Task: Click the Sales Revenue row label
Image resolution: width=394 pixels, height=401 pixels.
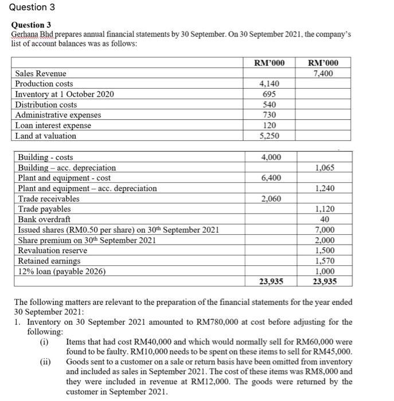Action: point(40,73)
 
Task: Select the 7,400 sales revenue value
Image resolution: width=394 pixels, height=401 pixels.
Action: point(323,73)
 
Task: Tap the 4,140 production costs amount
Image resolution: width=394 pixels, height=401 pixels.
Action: point(268,84)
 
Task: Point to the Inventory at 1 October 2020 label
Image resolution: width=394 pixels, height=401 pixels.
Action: point(64,94)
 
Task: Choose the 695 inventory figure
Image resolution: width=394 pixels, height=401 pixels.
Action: point(268,94)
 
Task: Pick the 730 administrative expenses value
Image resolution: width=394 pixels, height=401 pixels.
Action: point(268,115)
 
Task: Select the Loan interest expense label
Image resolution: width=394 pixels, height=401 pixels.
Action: point(53,125)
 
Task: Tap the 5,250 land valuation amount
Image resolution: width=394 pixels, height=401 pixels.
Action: point(268,136)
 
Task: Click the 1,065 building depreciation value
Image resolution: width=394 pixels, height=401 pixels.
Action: point(325,168)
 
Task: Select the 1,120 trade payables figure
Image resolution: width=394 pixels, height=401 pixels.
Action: point(325,209)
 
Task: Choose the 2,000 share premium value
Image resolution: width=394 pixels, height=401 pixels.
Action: point(325,240)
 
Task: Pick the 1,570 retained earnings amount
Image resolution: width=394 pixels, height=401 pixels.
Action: point(325,261)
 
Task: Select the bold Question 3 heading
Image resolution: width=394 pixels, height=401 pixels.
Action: point(32,25)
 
